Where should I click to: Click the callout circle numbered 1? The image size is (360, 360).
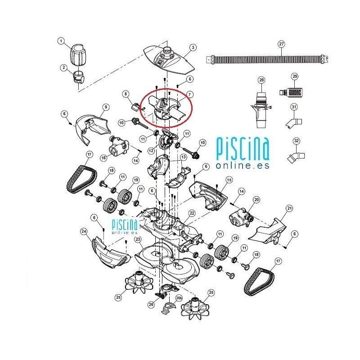(61, 41)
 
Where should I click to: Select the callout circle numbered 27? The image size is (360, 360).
(282, 44)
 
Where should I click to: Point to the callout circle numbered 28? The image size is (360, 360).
(261, 81)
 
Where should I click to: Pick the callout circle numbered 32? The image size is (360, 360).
(296, 141)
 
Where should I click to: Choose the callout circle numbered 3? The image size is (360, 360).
(193, 47)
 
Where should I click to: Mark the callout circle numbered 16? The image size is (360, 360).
(103, 157)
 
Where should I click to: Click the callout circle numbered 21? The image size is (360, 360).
(289, 208)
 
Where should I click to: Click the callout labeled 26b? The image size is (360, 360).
(179, 298)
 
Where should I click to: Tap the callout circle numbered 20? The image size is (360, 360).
(256, 199)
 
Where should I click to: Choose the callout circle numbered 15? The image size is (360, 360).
(229, 180)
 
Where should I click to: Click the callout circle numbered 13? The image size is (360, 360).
(183, 157)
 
